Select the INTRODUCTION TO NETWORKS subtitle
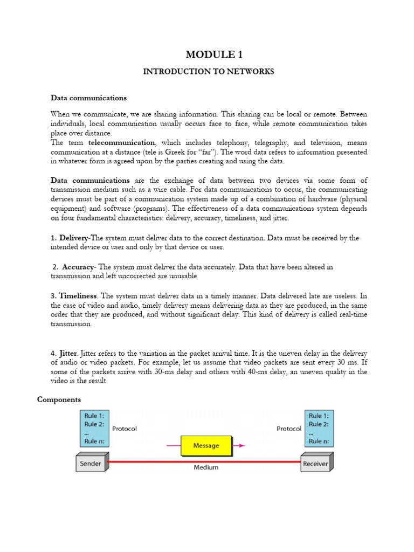tap(208, 72)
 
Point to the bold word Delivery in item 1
tap(74, 238)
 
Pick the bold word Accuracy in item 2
tap(79, 267)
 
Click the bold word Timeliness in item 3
tap(78, 296)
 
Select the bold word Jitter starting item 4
tap(68, 353)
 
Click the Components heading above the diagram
tap(59, 399)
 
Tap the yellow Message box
tap(206, 446)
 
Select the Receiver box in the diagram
tap(315, 463)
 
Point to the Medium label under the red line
tap(206, 467)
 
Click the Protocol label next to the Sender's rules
tap(125, 429)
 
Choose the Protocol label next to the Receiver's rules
tap(289, 429)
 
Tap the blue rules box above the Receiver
tap(320, 429)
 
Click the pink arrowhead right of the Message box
tap(243, 446)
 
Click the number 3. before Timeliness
tap(53, 296)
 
